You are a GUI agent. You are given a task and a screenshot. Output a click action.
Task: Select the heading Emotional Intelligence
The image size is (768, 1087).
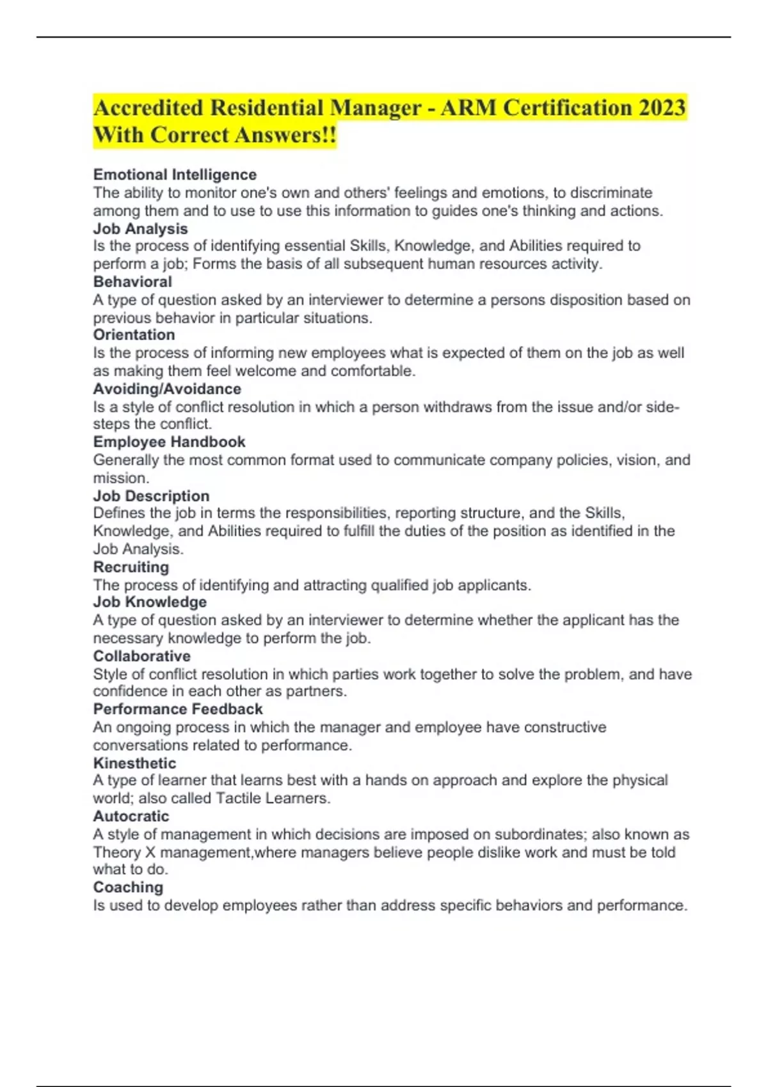pyautogui.click(x=175, y=175)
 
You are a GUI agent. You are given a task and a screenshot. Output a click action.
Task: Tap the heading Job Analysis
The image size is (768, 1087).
pyautogui.click(x=140, y=228)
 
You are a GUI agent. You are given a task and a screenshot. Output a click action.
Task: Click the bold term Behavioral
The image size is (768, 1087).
pyautogui.click(x=132, y=281)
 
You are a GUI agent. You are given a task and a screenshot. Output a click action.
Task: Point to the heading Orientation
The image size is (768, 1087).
pyautogui.click(x=134, y=334)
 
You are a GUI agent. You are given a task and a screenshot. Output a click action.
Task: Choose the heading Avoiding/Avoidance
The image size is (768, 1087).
pyautogui.click(x=167, y=389)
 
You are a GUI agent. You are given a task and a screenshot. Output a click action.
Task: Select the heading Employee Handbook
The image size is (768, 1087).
pyautogui.click(x=169, y=442)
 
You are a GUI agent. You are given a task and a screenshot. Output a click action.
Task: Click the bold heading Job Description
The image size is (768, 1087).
pyautogui.click(x=151, y=496)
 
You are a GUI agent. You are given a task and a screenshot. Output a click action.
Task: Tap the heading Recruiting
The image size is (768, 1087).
pyautogui.click(x=131, y=567)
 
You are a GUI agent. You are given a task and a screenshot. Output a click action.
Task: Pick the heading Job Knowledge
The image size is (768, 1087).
pyautogui.click(x=150, y=602)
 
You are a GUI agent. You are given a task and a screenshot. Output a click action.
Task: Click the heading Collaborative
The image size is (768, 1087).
pyautogui.click(x=141, y=656)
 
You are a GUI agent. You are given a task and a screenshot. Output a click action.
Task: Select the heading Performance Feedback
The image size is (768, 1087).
pyautogui.click(x=178, y=709)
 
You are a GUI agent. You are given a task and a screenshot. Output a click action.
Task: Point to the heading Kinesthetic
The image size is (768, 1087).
pyautogui.click(x=134, y=763)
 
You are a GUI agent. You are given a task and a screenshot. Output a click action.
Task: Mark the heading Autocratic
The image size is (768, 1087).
pyautogui.click(x=131, y=816)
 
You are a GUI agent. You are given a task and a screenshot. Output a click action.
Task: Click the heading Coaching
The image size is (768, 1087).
pyautogui.click(x=128, y=887)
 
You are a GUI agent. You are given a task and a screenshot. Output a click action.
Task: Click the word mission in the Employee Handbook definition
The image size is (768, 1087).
pyautogui.click(x=120, y=478)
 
